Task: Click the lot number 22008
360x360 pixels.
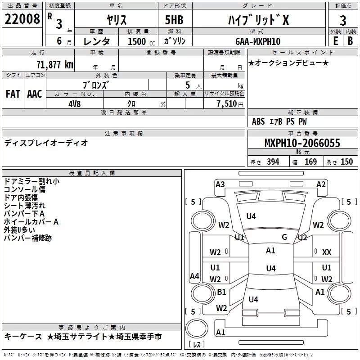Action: [22, 19]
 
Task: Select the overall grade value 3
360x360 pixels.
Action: [343, 21]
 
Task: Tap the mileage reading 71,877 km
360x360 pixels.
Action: [55, 65]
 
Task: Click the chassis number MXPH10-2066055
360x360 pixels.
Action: [302, 143]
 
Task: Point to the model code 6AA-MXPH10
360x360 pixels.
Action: [258, 41]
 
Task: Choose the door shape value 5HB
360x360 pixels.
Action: [174, 20]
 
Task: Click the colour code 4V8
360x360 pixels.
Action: [75, 104]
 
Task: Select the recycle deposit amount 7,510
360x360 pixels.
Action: [227, 104]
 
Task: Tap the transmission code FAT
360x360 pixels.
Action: [13, 94]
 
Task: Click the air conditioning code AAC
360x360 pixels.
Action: [35, 94]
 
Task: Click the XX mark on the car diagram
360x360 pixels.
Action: [327, 252]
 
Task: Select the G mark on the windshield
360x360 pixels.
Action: [284, 237]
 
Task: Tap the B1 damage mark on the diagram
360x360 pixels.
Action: [221, 292]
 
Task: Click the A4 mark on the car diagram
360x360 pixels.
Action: [194, 276]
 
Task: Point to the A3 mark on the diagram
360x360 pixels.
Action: [220, 184]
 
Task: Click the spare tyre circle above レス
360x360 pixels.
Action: [197, 328]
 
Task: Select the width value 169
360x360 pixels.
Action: [310, 162]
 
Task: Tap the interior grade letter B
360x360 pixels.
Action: [350, 41]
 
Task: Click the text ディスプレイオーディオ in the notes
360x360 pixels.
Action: [46, 143]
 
